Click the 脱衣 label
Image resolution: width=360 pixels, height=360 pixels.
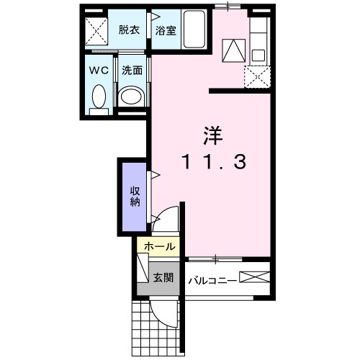coord(130,31)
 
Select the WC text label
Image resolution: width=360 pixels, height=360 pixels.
coord(99,71)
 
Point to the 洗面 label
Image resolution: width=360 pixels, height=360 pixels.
coord(131,71)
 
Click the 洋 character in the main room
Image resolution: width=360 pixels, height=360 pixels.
coord(211,135)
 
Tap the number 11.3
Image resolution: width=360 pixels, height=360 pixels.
coord(212,163)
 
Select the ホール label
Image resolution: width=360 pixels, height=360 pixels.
coord(159,246)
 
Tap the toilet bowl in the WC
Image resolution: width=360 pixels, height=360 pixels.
coord(99,96)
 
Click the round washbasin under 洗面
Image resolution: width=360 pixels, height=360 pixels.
coord(131,96)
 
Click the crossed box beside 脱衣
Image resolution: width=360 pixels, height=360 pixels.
coord(96,32)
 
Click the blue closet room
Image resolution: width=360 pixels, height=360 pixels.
coord(135,198)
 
